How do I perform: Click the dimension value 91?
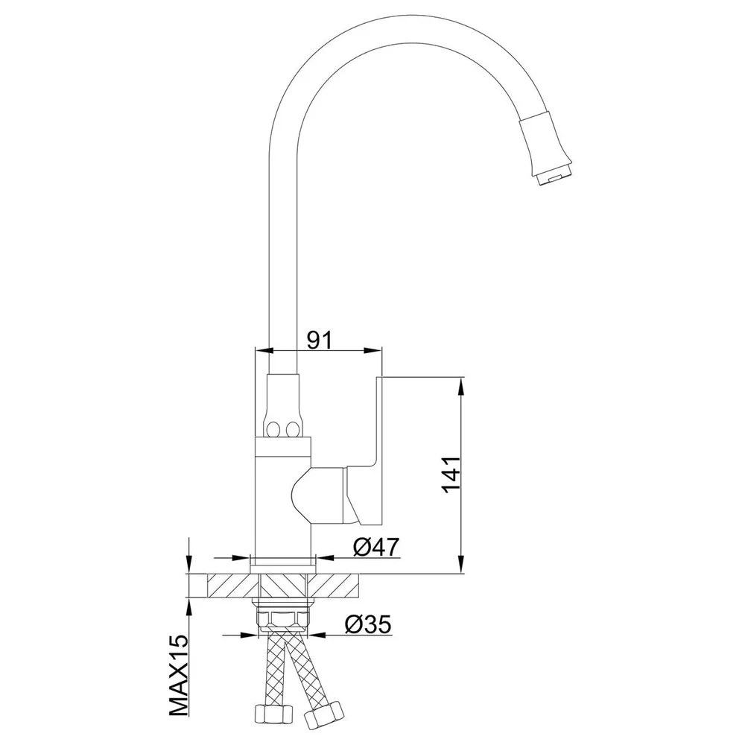[319, 339]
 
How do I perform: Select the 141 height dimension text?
[451, 475]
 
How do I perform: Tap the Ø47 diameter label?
[376, 547]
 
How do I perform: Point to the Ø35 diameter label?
[368, 624]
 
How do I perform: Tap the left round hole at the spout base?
[273, 431]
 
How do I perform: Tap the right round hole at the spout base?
[293, 431]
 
